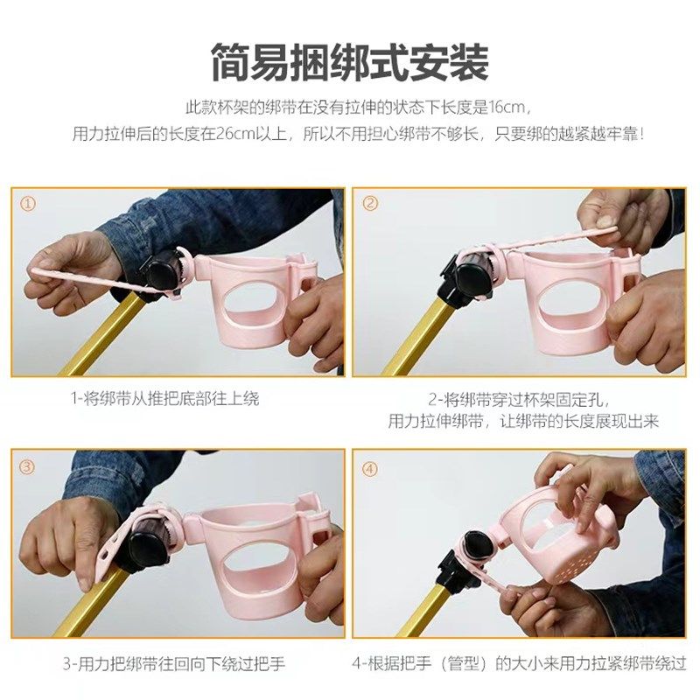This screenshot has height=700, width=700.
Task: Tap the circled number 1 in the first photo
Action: coord(29,204)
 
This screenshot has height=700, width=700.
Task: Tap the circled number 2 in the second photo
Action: coord(371,204)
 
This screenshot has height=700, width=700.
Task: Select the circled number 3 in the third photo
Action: coord(29,466)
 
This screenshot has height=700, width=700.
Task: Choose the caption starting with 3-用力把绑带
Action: coord(174,664)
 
